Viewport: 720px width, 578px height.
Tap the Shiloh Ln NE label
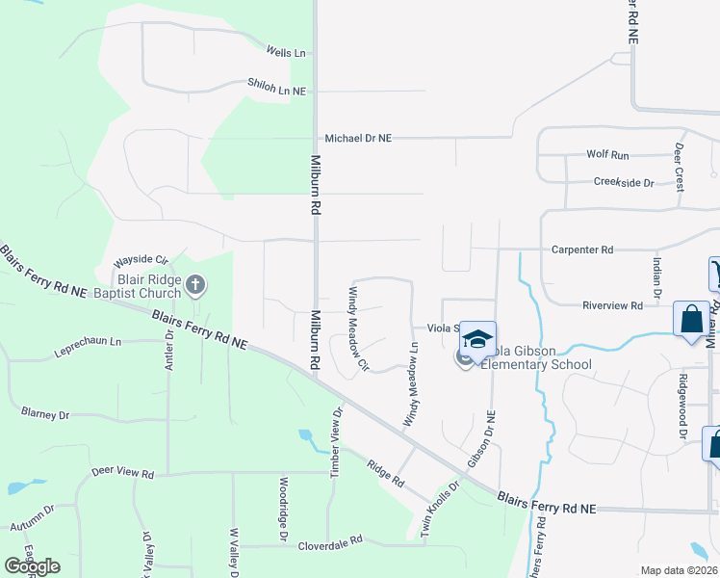pos(276,89)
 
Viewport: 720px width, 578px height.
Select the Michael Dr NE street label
pos(358,139)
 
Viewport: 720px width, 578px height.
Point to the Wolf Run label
pos(607,154)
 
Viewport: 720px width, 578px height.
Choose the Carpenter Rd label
pos(582,250)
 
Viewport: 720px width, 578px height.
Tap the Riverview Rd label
pos(612,305)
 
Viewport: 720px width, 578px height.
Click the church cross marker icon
pos(195,285)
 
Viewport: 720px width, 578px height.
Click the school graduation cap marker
pos(478,339)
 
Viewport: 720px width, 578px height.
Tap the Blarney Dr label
pos(45,414)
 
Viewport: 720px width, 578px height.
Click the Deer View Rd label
pos(122,473)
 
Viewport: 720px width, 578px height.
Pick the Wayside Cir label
pos(141,260)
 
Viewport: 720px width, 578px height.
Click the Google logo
pos(32,566)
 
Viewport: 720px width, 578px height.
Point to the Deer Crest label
pos(680,166)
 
